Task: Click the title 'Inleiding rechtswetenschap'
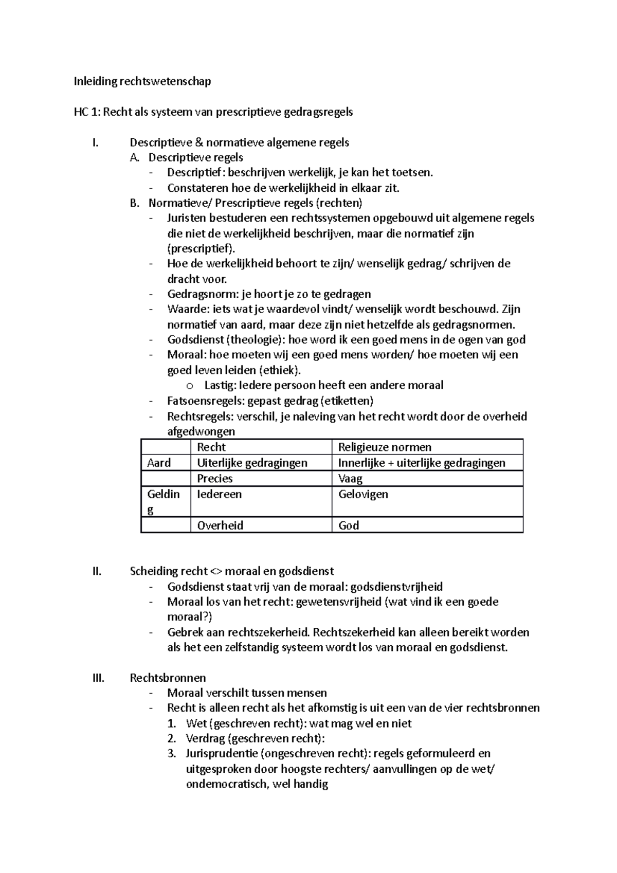click(142, 81)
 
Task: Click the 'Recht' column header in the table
click(211, 447)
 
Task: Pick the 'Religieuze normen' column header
click(385, 447)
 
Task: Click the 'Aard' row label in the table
click(158, 463)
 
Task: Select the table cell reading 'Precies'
click(215, 479)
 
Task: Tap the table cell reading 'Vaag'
click(350, 479)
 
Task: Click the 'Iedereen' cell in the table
click(219, 495)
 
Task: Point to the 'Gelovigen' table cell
click(363, 495)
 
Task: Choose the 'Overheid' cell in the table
click(220, 525)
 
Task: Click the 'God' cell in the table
click(349, 525)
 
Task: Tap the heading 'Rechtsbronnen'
click(168, 678)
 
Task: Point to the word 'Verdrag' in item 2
click(204, 739)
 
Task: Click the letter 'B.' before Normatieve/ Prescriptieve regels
click(135, 203)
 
